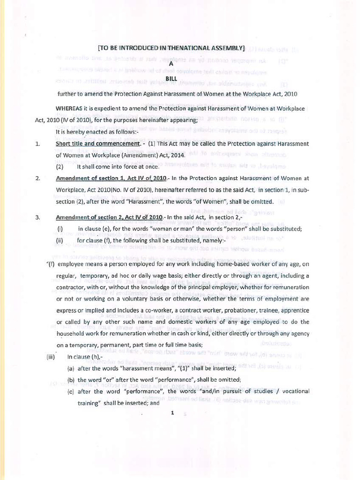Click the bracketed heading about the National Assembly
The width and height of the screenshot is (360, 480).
point(171,48)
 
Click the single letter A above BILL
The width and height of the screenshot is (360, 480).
point(172,64)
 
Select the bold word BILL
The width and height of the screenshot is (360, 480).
point(172,79)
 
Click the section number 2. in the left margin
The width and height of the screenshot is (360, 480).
point(37,178)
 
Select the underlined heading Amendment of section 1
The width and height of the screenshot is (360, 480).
point(111,178)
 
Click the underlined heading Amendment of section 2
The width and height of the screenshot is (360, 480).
point(109,218)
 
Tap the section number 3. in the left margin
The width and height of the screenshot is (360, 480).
point(37,218)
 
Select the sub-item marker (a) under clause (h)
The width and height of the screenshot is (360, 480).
point(71,368)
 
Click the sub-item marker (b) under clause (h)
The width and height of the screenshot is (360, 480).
point(71,380)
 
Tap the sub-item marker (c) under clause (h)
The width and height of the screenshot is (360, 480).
point(71,391)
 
